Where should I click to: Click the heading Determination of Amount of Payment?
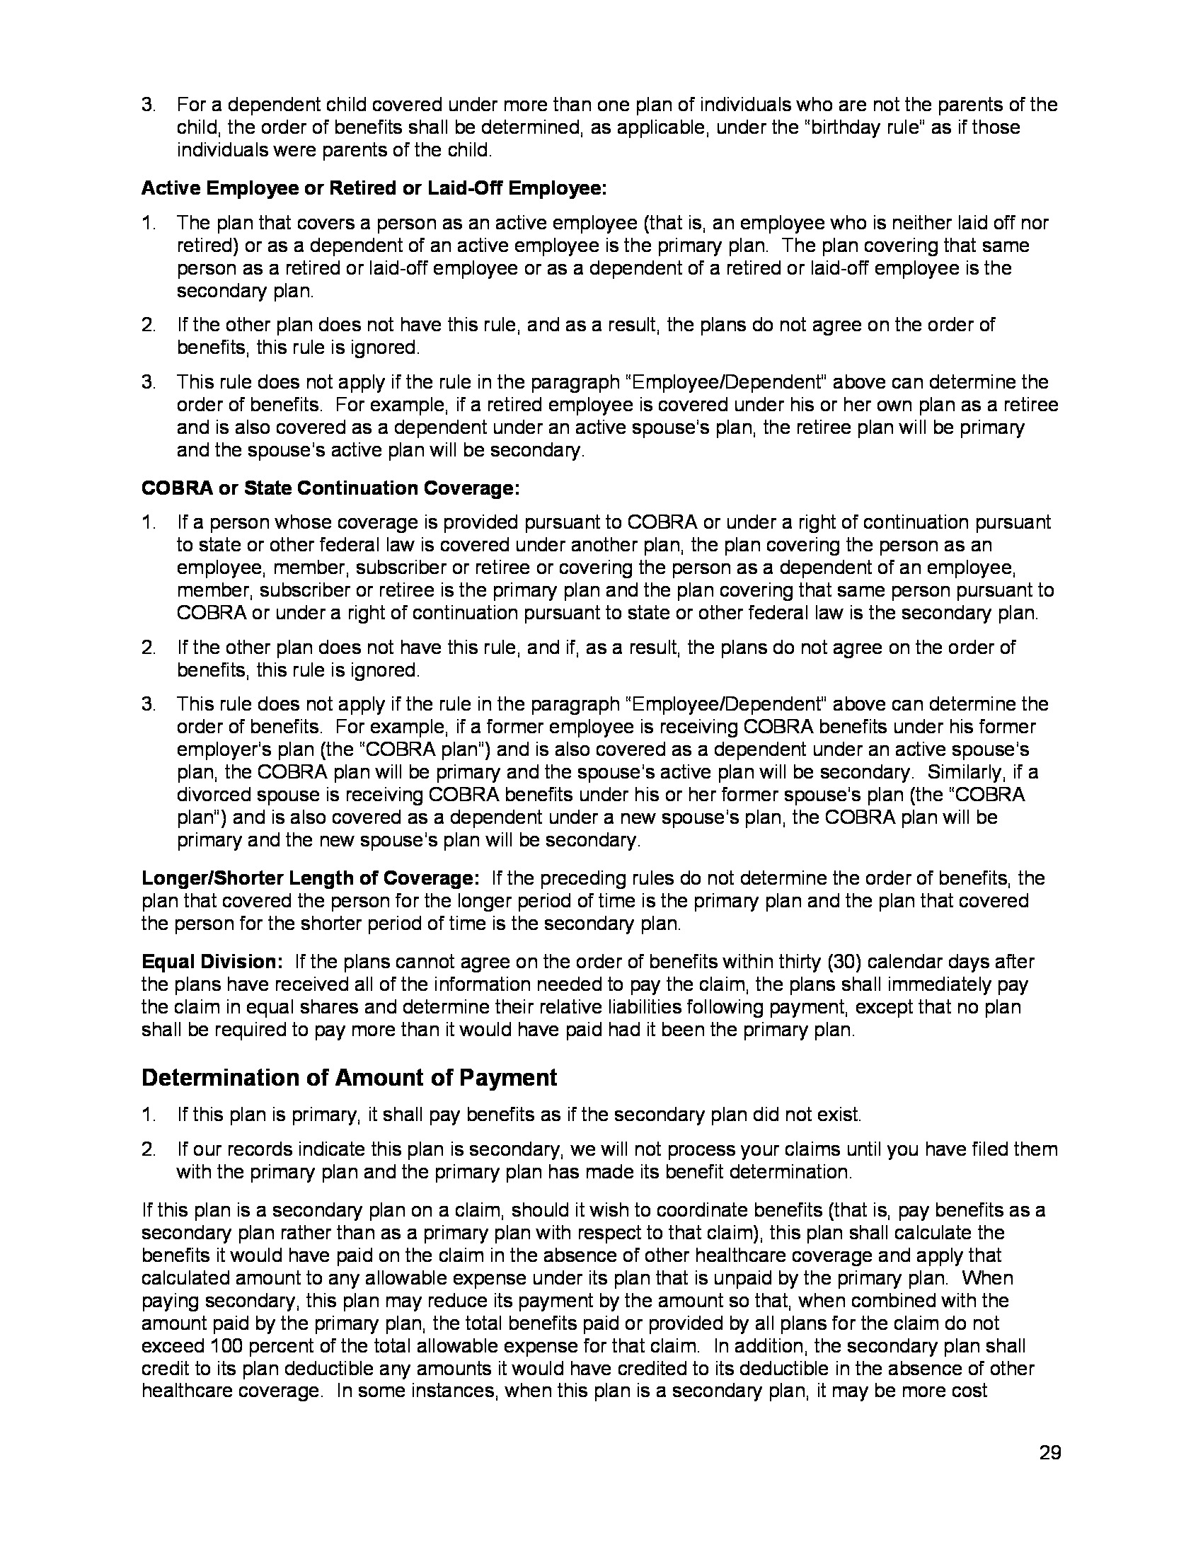click(x=349, y=1077)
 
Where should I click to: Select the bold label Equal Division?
click(x=212, y=962)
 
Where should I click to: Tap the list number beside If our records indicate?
click(x=148, y=1149)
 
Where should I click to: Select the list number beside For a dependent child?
click(x=148, y=105)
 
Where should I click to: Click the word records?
click(x=260, y=1149)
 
